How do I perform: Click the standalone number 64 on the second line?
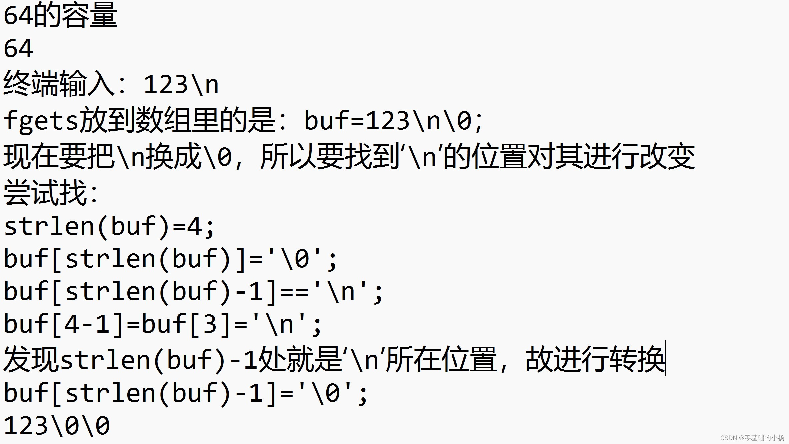(18, 49)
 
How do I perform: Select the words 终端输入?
(58, 84)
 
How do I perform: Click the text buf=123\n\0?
(393, 121)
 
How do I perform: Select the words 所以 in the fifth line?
(288, 156)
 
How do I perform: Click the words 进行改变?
(640, 156)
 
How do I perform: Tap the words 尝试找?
(45, 193)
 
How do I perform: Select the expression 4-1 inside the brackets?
(87, 324)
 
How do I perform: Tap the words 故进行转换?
(595, 360)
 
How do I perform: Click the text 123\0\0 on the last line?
(57, 426)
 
